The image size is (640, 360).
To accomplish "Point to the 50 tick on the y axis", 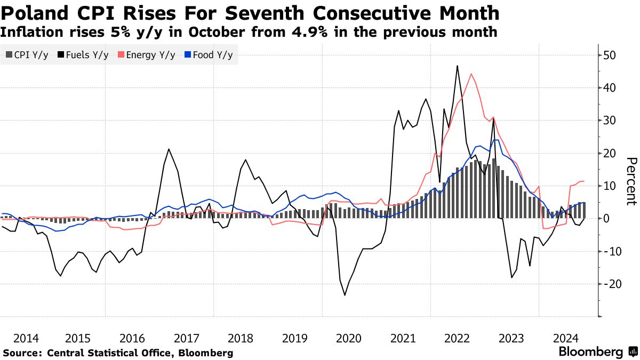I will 610,55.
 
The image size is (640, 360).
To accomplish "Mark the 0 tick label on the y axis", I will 606,219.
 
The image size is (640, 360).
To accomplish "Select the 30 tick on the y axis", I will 610,121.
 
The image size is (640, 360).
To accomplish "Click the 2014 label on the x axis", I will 26,338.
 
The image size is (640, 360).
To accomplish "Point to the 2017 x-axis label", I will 187,338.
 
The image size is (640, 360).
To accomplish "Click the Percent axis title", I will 631,181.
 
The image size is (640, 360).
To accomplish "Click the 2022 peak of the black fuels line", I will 458,66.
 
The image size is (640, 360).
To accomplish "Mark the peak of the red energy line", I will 471,74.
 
